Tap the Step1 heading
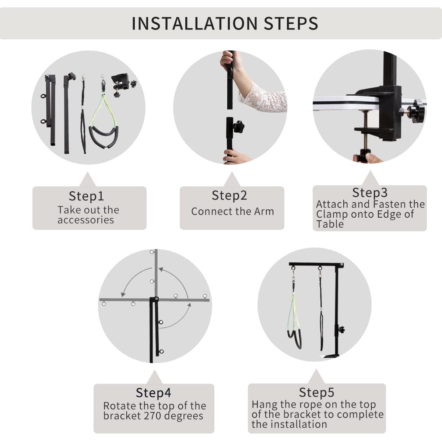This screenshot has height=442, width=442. click(86, 196)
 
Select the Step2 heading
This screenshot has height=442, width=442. click(229, 196)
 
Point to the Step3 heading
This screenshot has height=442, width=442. click(370, 192)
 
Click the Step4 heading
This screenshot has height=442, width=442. click(154, 392)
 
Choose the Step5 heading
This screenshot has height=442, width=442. click(316, 392)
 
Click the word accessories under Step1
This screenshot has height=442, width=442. click(85, 220)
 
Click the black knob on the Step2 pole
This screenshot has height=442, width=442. click(238, 126)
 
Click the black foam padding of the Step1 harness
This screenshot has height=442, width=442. click(104, 138)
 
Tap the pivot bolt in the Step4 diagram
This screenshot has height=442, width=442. click(157, 299)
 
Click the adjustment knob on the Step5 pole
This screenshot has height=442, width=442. click(341, 330)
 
